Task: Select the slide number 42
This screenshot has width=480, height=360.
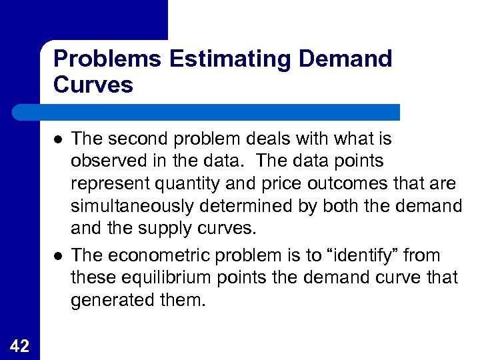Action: click(19, 344)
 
